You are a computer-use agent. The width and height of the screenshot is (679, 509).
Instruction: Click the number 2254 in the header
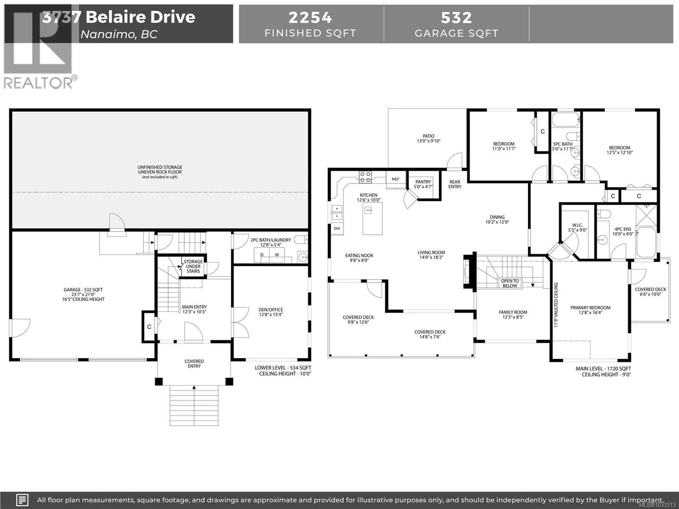point(310,17)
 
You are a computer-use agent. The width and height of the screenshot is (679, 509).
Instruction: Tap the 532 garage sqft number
point(456,17)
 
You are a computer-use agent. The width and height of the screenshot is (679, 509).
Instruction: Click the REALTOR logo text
point(38,83)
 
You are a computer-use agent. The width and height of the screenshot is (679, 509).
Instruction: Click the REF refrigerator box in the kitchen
point(395,179)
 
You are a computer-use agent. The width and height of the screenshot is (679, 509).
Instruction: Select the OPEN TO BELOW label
point(510,283)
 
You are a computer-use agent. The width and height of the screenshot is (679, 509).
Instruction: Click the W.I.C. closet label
point(577,225)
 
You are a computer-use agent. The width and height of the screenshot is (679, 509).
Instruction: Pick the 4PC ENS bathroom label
point(623,229)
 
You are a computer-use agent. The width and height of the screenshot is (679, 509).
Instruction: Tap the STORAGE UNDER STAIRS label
point(193,266)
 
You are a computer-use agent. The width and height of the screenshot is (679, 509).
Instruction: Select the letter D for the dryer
point(262,255)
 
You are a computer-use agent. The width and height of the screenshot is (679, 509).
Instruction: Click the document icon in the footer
point(22,500)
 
